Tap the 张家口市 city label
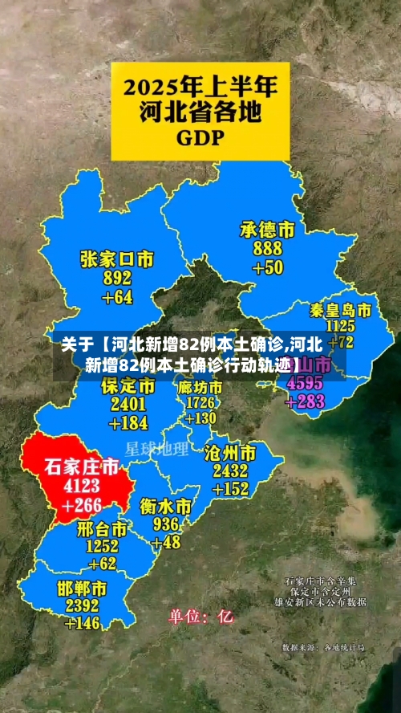coord(116,259)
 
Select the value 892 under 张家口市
coord(117,279)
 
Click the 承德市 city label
coord(267,230)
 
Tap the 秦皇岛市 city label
coord(341,309)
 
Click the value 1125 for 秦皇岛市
coord(341,325)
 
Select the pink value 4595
coord(305,384)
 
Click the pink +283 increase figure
coord(305,401)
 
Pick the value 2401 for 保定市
coord(128,405)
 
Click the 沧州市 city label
coord(230,452)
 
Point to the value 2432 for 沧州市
coord(230,471)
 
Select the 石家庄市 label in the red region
coord(81,467)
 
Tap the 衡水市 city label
coord(165,507)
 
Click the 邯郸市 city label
coord(83,588)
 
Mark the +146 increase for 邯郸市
coord(83,622)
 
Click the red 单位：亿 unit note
coord(200,617)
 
